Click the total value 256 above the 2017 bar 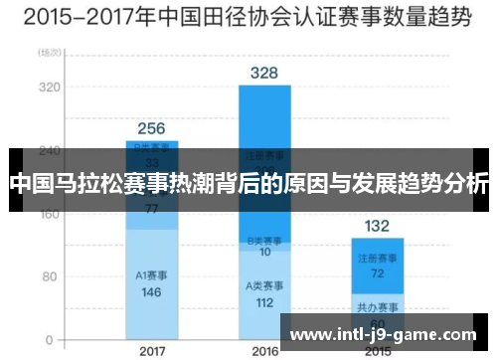click(x=151, y=128)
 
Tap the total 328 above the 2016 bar click(x=264, y=73)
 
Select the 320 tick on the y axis click(x=47, y=87)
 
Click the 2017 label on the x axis click(x=152, y=351)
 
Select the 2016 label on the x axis click(x=264, y=351)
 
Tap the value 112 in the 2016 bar click(x=264, y=302)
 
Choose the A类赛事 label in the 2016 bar click(x=264, y=286)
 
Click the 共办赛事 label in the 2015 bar click(x=377, y=306)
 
